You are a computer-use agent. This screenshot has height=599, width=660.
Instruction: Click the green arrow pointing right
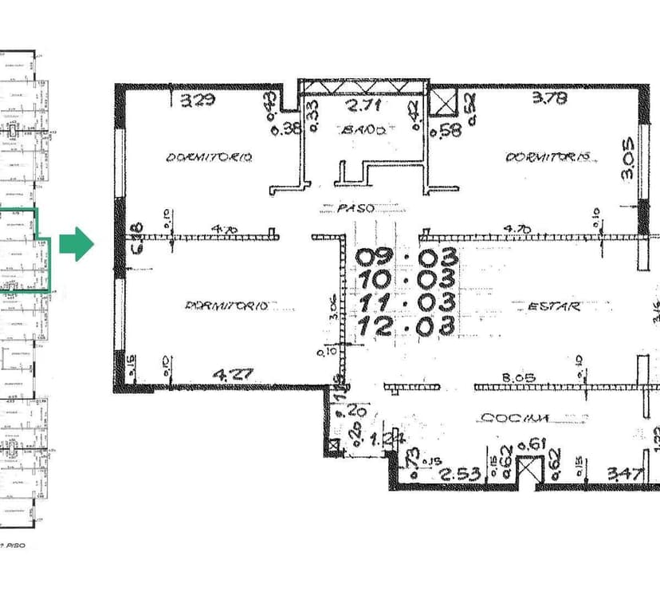pos(77,244)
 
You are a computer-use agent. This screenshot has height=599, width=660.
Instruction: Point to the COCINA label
pos(514,417)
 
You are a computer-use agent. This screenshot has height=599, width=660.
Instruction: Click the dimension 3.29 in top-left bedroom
pos(197,100)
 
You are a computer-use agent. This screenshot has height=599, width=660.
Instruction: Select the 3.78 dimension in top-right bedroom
pos(550,99)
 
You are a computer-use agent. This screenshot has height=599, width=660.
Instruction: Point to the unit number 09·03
pos(406,258)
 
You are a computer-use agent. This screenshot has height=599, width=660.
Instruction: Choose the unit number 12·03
pos(406,325)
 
